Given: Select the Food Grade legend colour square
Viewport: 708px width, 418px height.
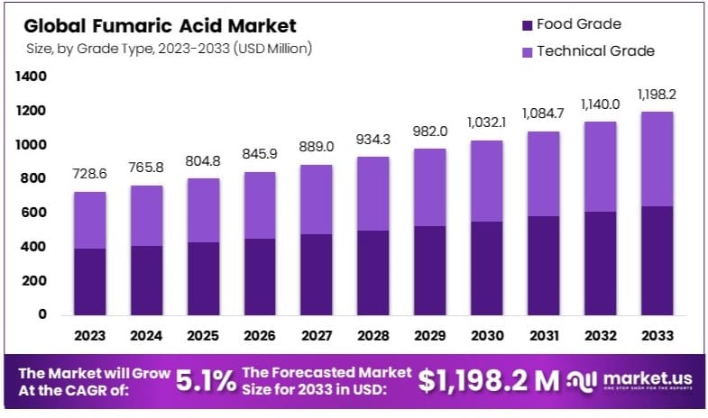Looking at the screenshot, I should [x=527, y=24].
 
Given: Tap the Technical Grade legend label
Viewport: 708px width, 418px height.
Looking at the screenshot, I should [x=595, y=51].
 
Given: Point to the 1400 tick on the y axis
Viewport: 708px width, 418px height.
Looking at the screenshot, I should [x=32, y=77].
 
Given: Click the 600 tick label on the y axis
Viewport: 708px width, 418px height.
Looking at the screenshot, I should [x=35, y=213].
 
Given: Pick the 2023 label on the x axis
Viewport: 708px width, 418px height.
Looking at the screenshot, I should [x=90, y=335].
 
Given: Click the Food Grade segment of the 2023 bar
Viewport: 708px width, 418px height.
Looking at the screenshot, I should [x=90, y=281].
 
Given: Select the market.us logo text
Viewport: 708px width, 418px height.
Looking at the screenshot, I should [x=648, y=379].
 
